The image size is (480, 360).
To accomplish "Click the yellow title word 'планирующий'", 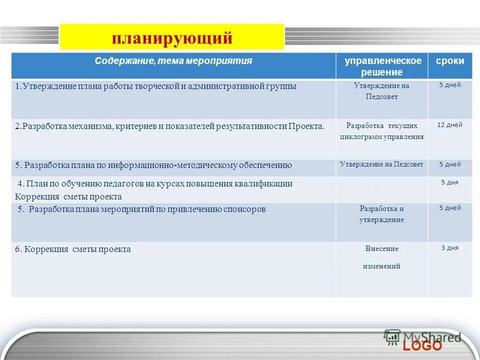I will point(172,37).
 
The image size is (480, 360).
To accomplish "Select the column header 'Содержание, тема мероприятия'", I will point(173,61).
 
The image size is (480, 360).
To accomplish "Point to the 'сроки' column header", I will point(449,61).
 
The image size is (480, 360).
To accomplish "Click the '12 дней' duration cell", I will point(449,125).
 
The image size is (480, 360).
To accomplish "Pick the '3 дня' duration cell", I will point(449,247).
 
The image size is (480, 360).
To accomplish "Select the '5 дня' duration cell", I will point(449,182).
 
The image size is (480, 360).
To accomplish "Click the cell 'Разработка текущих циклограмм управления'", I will point(381,131).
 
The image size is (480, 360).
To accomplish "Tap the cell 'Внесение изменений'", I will point(381,257).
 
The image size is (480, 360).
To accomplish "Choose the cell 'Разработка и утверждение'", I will point(381,214).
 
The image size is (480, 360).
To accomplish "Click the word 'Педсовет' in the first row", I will point(381,97).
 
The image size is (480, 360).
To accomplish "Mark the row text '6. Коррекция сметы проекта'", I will point(73,249).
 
